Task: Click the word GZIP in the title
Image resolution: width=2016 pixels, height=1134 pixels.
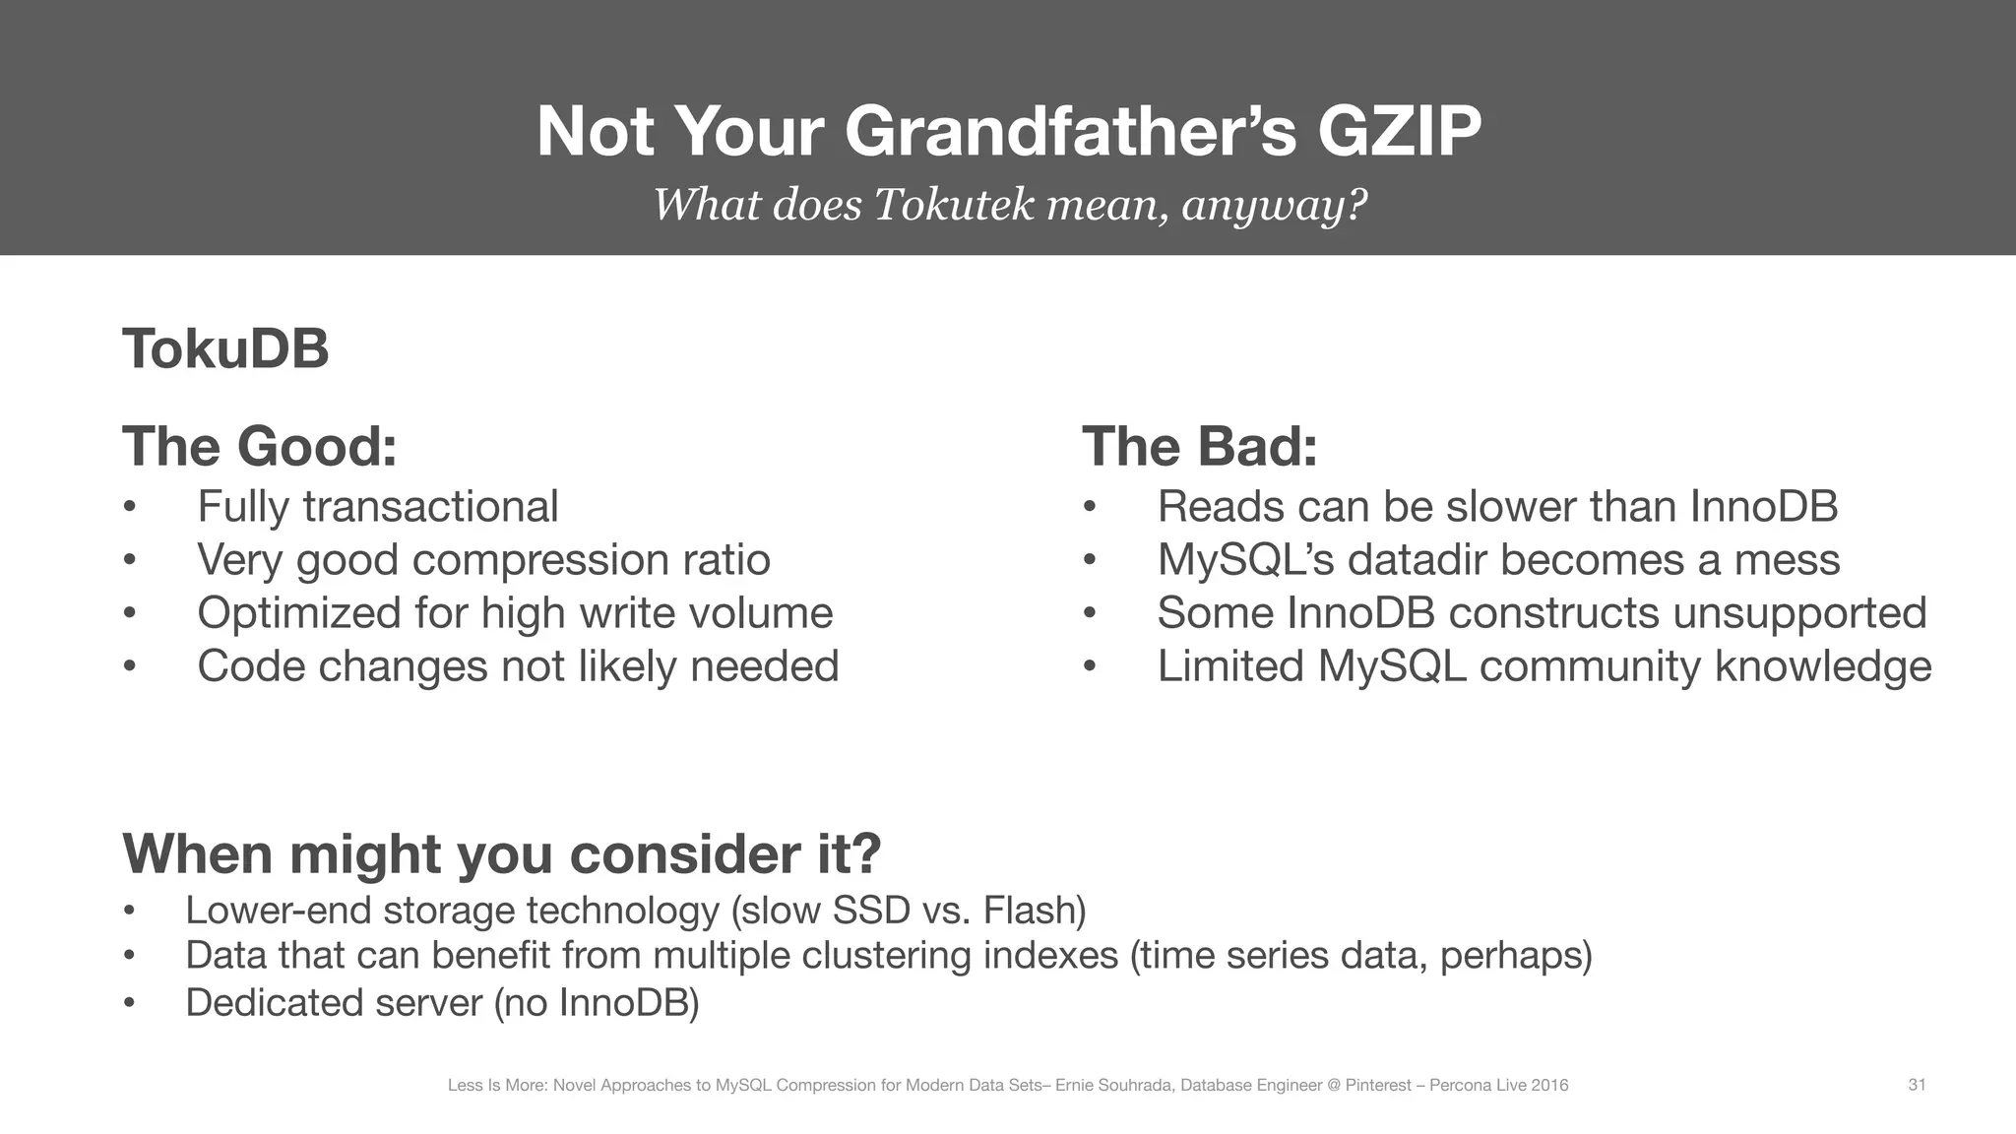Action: click(1398, 131)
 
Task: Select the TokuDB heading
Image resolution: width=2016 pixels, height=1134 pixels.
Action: click(225, 348)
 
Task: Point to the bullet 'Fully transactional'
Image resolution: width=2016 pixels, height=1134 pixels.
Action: click(378, 507)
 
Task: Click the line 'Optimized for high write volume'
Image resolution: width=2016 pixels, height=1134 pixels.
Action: click(515, 613)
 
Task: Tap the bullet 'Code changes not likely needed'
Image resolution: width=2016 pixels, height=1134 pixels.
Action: click(518, 666)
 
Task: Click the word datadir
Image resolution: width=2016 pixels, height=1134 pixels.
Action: click(1438, 560)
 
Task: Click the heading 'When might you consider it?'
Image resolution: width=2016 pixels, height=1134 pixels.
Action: click(501, 853)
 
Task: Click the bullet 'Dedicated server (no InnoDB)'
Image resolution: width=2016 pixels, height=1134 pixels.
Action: click(442, 1003)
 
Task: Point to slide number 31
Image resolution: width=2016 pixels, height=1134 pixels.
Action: click(1917, 1085)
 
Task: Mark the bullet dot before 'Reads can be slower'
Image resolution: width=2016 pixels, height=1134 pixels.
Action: click(1089, 508)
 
